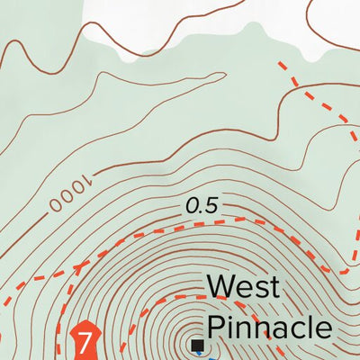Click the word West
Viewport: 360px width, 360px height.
[x=243, y=288]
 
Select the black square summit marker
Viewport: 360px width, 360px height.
[x=197, y=345]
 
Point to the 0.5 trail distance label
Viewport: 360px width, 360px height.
[x=202, y=206]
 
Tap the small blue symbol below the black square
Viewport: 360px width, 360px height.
[x=197, y=357]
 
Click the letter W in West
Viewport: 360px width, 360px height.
[x=222, y=288]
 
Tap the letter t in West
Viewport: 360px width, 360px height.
[x=274, y=289]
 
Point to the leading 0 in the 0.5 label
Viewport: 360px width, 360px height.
[x=192, y=206]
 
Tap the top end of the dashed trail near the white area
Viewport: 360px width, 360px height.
[x=282, y=65]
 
